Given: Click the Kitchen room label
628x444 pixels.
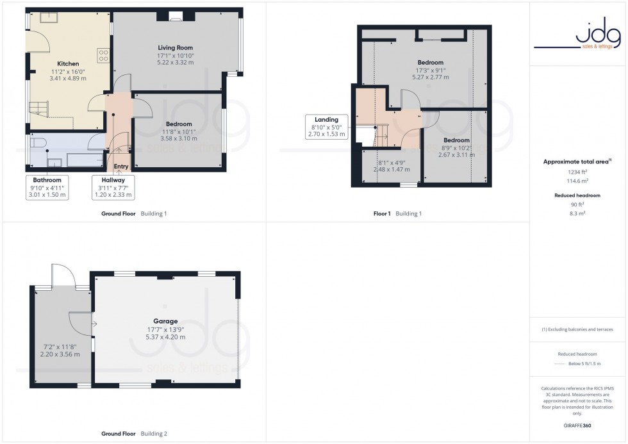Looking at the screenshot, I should (x=68, y=63).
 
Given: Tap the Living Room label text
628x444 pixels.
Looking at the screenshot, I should (x=175, y=47).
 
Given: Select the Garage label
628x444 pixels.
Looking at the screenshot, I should (x=165, y=322).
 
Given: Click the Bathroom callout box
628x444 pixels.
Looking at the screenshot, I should (x=48, y=188).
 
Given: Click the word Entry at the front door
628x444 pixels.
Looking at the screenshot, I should (x=120, y=167).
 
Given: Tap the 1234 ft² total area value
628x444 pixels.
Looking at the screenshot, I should (x=579, y=173).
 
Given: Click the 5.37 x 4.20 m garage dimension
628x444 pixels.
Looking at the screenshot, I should (x=165, y=337).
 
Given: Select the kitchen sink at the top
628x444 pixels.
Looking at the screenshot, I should (x=49, y=17).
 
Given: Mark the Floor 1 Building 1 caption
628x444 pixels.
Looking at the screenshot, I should (x=397, y=213).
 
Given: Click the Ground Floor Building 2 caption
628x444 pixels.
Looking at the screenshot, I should (x=134, y=434).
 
